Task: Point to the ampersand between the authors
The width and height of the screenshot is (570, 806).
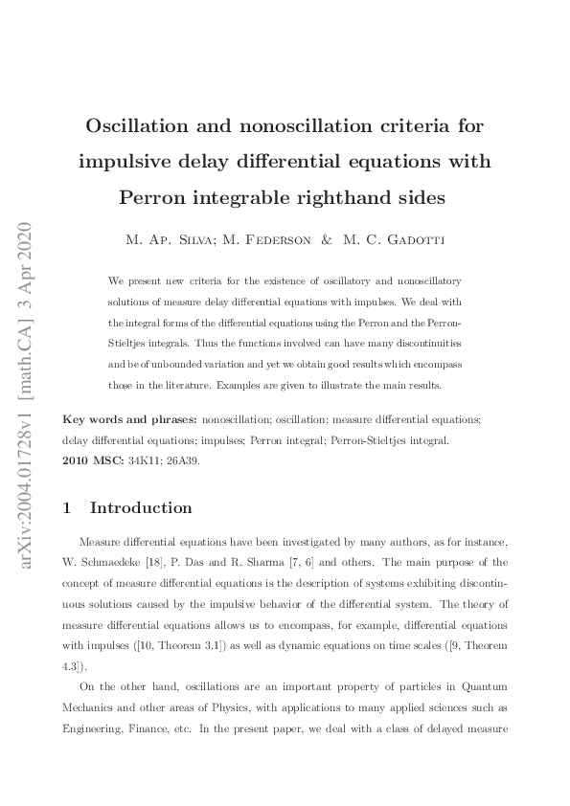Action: tap(327, 240)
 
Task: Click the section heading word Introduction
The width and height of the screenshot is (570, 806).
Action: tap(141, 508)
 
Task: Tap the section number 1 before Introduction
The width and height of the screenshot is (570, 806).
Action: tap(66, 508)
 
